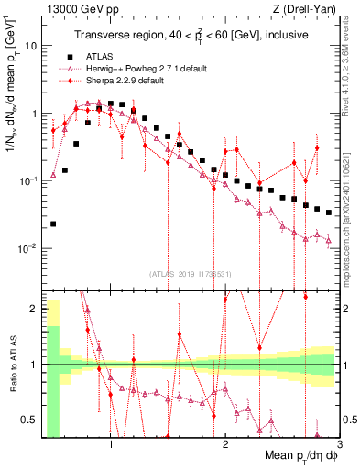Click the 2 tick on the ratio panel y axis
point(35,309)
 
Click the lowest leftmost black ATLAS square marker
point(53,224)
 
